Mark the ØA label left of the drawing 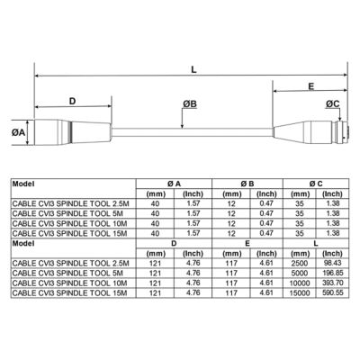(x=18, y=132)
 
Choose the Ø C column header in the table (x=317, y=183)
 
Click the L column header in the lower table (x=317, y=242)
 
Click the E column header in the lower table (x=246, y=242)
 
